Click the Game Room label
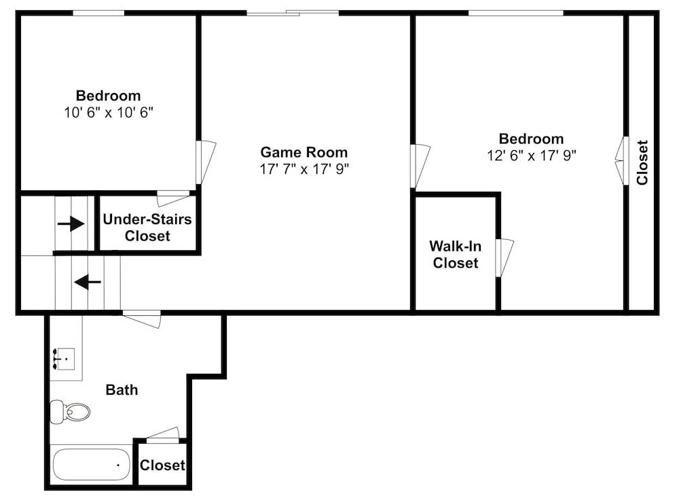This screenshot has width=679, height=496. click(x=304, y=152)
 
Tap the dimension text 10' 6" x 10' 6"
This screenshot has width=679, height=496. click(x=109, y=113)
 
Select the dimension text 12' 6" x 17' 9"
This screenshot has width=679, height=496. click(x=532, y=155)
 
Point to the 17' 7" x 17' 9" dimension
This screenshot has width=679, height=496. click(x=304, y=169)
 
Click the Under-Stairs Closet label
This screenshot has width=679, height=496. click(x=147, y=228)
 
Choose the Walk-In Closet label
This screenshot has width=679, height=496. click(x=455, y=254)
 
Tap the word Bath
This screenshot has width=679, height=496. click(x=122, y=390)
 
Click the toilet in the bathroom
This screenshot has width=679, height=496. click(x=70, y=412)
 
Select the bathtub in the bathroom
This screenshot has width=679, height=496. click(x=92, y=464)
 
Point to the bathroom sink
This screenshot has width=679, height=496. click(x=64, y=359)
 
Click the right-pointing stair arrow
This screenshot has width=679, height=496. click(x=71, y=224)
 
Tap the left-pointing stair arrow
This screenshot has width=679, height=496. click(x=88, y=282)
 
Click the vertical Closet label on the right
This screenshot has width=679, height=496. click(x=642, y=162)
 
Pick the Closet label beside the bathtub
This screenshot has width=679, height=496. click(x=162, y=465)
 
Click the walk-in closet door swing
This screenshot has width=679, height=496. click(x=504, y=258)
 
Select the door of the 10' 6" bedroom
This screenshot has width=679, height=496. click(x=206, y=162)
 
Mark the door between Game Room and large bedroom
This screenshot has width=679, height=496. click(x=420, y=166)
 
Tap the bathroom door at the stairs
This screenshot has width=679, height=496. click(x=142, y=319)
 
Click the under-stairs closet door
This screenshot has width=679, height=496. click(x=173, y=199)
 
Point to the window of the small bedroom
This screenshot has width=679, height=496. click(x=98, y=13)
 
